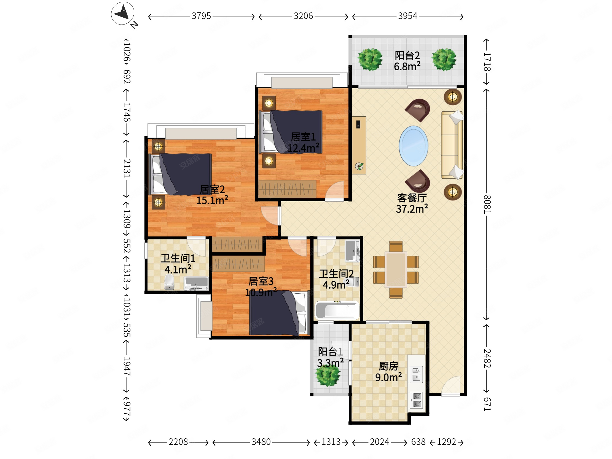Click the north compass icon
coord(123,13)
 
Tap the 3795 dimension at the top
coord(201,16)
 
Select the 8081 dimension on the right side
coord(487,204)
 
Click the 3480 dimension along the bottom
coord(261,442)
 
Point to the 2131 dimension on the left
coord(127,168)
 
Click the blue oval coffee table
coord(413,146)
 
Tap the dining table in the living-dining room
coord(396,270)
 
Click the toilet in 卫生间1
coord(169,282)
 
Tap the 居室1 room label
coord(303,137)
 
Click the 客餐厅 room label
coord(412,198)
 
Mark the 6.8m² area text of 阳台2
coord(407,66)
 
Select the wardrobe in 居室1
coord(288,189)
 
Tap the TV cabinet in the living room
coord(359,145)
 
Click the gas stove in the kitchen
coord(417,400)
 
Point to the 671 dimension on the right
coord(487,404)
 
